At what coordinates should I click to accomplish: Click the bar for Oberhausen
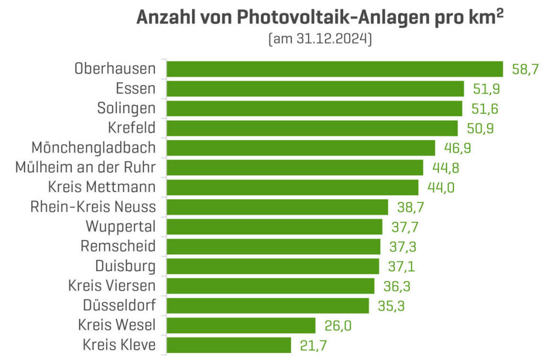click(x=335, y=69)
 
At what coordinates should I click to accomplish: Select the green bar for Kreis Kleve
click(x=228, y=345)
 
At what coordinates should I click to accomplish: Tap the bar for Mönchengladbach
click(x=301, y=148)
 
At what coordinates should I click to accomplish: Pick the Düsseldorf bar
click(x=268, y=306)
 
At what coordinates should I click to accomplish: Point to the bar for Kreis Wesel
click(x=241, y=325)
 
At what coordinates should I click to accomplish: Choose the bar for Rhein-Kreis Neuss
click(x=278, y=207)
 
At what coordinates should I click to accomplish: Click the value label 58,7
click(x=525, y=70)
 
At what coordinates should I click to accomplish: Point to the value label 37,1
click(x=401, y=267)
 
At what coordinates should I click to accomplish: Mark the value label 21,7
click(x=313, y=346)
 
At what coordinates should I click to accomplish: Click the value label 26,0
click(x=338, y=326)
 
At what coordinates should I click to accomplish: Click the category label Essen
click(x=136, y=89)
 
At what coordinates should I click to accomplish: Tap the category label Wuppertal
click(x=120, y=227)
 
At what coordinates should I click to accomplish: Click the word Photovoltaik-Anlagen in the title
click(x=312, y=18)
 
